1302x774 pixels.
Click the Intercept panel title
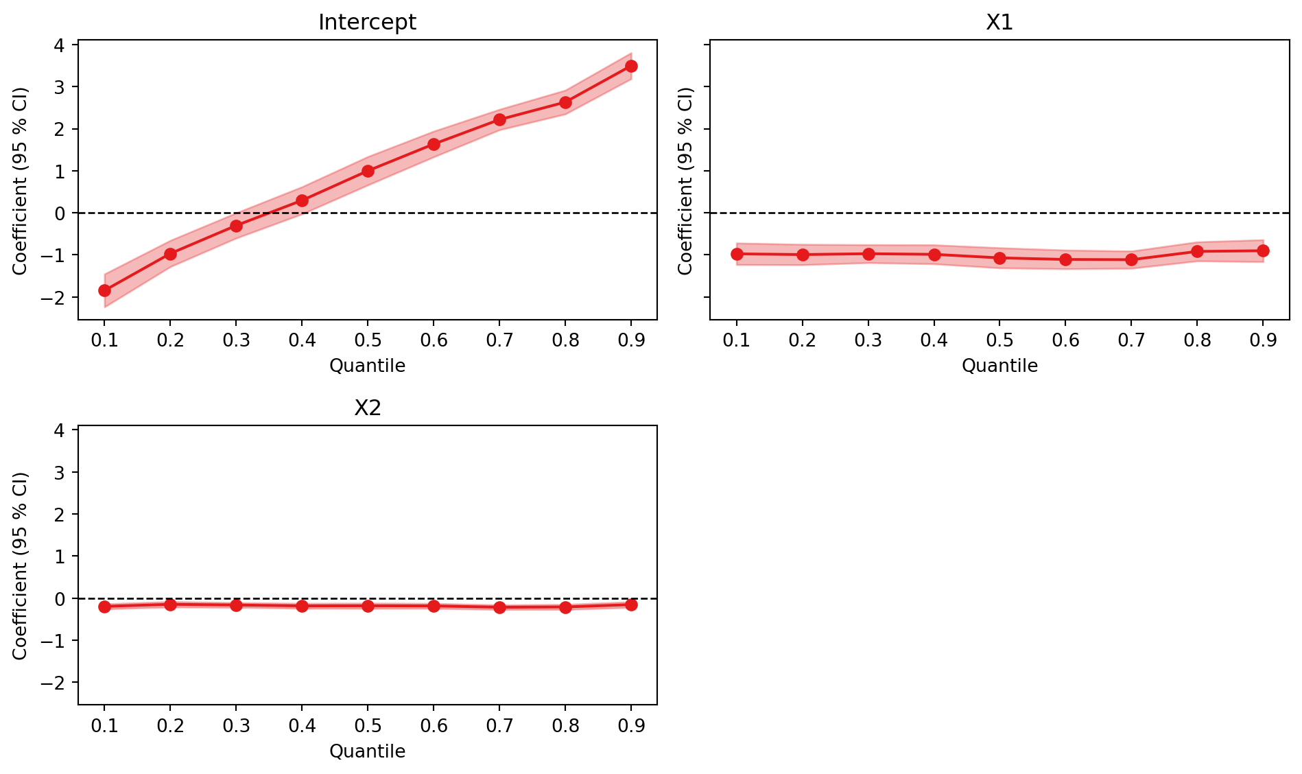coord(367,23)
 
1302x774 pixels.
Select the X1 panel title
coord(999,23)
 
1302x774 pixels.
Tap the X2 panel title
coord(367,408)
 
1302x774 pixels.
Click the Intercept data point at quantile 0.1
coord(104,290)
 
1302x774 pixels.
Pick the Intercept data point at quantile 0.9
coord(631,66)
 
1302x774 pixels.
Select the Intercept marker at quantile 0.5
coord(368,171)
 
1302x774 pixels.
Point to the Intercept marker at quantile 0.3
coord(236,226)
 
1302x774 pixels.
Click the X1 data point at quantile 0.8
coord(1197,251)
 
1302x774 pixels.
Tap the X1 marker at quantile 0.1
coord(737,254)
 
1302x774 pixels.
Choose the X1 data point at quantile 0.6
coord(1065,259)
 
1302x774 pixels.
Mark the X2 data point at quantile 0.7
coord(499,607)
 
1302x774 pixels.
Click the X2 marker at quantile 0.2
coord(170,605)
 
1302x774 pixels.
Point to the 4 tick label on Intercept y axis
coord(59,45)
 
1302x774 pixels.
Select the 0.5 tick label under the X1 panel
coord(999,340)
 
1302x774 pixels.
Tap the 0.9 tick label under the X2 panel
coord(631,726)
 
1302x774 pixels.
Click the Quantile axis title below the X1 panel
coord(999,366)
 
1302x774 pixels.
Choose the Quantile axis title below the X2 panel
coord(367,751)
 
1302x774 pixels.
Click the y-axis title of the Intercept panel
coord(21,180)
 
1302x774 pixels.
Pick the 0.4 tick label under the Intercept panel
coord(302,340)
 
